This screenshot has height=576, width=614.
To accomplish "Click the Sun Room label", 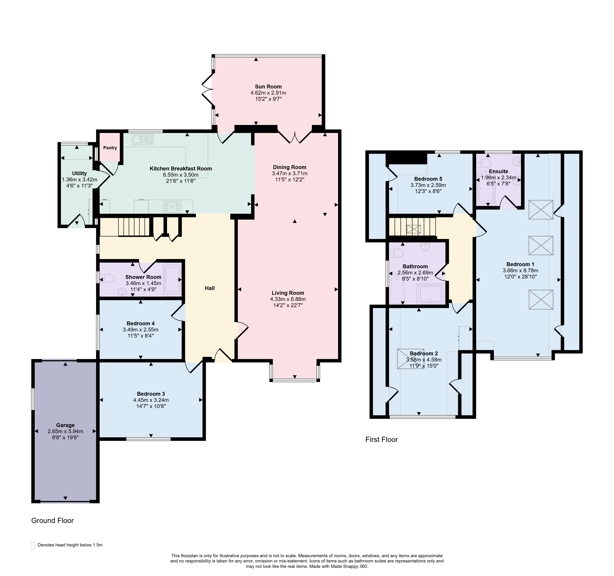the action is (268, 87).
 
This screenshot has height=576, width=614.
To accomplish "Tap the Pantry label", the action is (110, 148).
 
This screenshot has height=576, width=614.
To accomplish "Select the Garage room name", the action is (65, 425).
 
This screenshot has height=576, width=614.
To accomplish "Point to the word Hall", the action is (210, 288).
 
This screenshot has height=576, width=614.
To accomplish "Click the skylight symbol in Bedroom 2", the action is (410, 359).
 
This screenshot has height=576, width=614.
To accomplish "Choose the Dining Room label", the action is (289, 167).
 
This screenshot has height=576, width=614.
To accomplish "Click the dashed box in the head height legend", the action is (33, 546).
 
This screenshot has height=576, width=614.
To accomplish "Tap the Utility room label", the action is (79, 173).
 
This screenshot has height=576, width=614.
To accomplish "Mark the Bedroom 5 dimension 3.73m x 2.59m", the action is (428, 185).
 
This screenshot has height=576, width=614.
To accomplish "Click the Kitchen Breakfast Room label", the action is (181, 168).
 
